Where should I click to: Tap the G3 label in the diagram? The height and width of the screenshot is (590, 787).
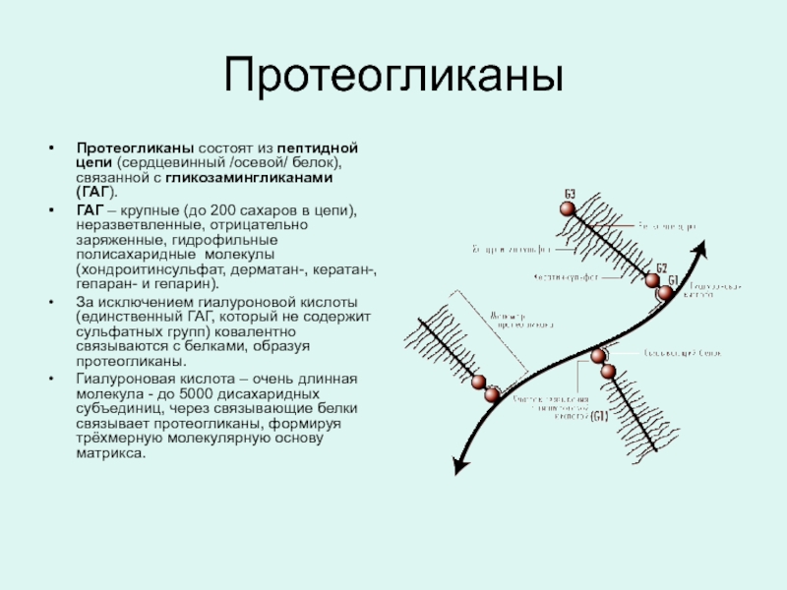pyautogui.click(x=570, y=191)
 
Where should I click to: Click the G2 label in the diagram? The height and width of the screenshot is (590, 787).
pyautogui.click(x=661, y=267)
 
